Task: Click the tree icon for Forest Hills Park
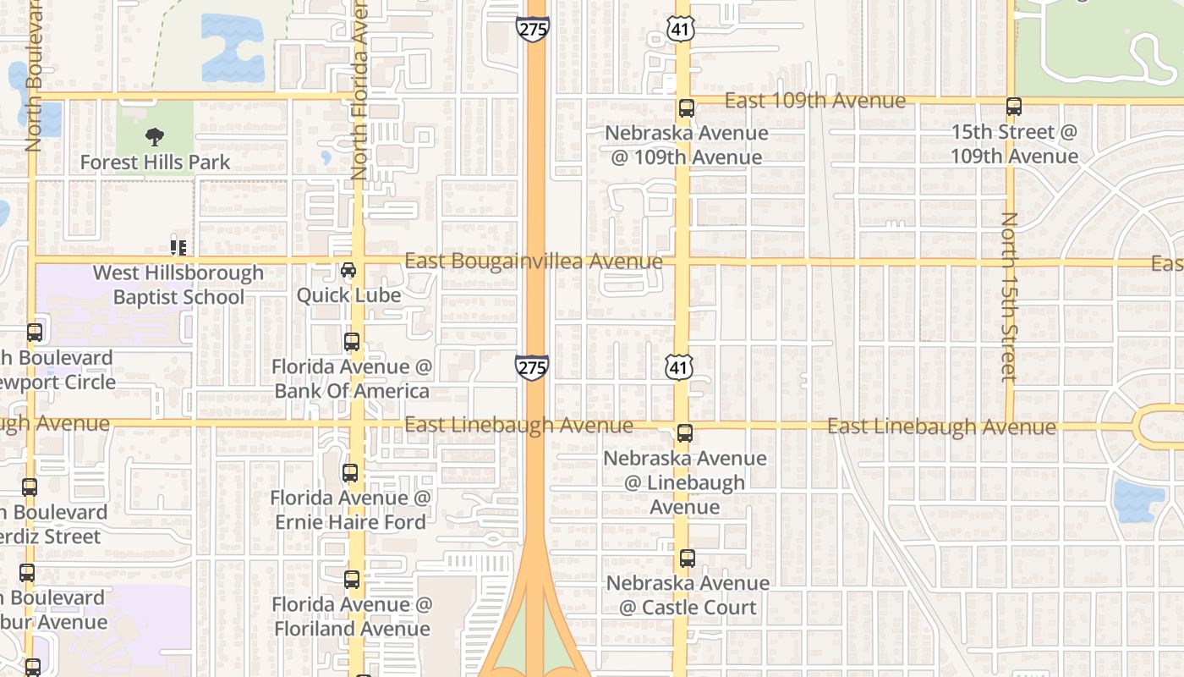point(154,136)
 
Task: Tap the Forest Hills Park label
point(155,162)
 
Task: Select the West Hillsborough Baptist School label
point(178,285)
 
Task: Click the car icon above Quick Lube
point(348,270)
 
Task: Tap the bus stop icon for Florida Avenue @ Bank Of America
point(352,342)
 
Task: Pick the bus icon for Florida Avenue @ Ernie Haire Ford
point(350,473)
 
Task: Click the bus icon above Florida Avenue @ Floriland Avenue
point(352,580)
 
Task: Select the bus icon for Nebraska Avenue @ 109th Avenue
point(686,108)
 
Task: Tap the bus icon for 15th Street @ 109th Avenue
point(1013,107)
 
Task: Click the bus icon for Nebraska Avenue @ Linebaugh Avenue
point(685,433)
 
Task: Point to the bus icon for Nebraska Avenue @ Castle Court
point(687,559)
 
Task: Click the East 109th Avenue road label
point(815,101)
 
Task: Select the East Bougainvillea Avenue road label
point(533,261)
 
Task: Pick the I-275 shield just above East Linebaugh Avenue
point(532,366)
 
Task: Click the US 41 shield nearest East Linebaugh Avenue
point(680,366)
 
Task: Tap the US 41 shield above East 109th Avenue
point(680,28)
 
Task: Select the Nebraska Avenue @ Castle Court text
point(688,596)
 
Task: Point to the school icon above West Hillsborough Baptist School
point(178,247)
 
